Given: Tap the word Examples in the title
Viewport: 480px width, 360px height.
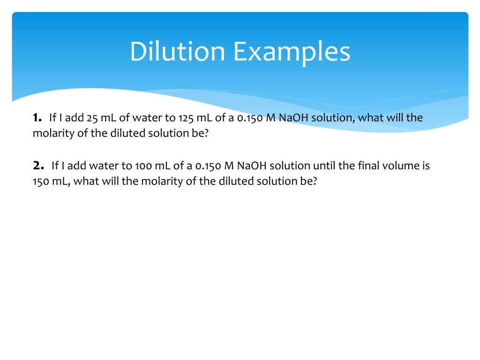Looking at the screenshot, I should pyautogui.click(x=292, y=52).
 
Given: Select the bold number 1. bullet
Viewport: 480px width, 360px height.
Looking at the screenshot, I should pyautogui.click(x=37, y=118).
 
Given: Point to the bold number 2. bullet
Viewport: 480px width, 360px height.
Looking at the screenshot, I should pyautogui.click(x=38, y=165).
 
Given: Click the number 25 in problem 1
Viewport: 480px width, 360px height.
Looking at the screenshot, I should pyautogui.click(x=91, y=118).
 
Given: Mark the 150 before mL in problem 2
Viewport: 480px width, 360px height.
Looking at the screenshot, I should pyautogui.click(x=41, y=181).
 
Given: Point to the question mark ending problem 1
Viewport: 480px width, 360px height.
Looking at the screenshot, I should pyautogui.click(x=205, y=133).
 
